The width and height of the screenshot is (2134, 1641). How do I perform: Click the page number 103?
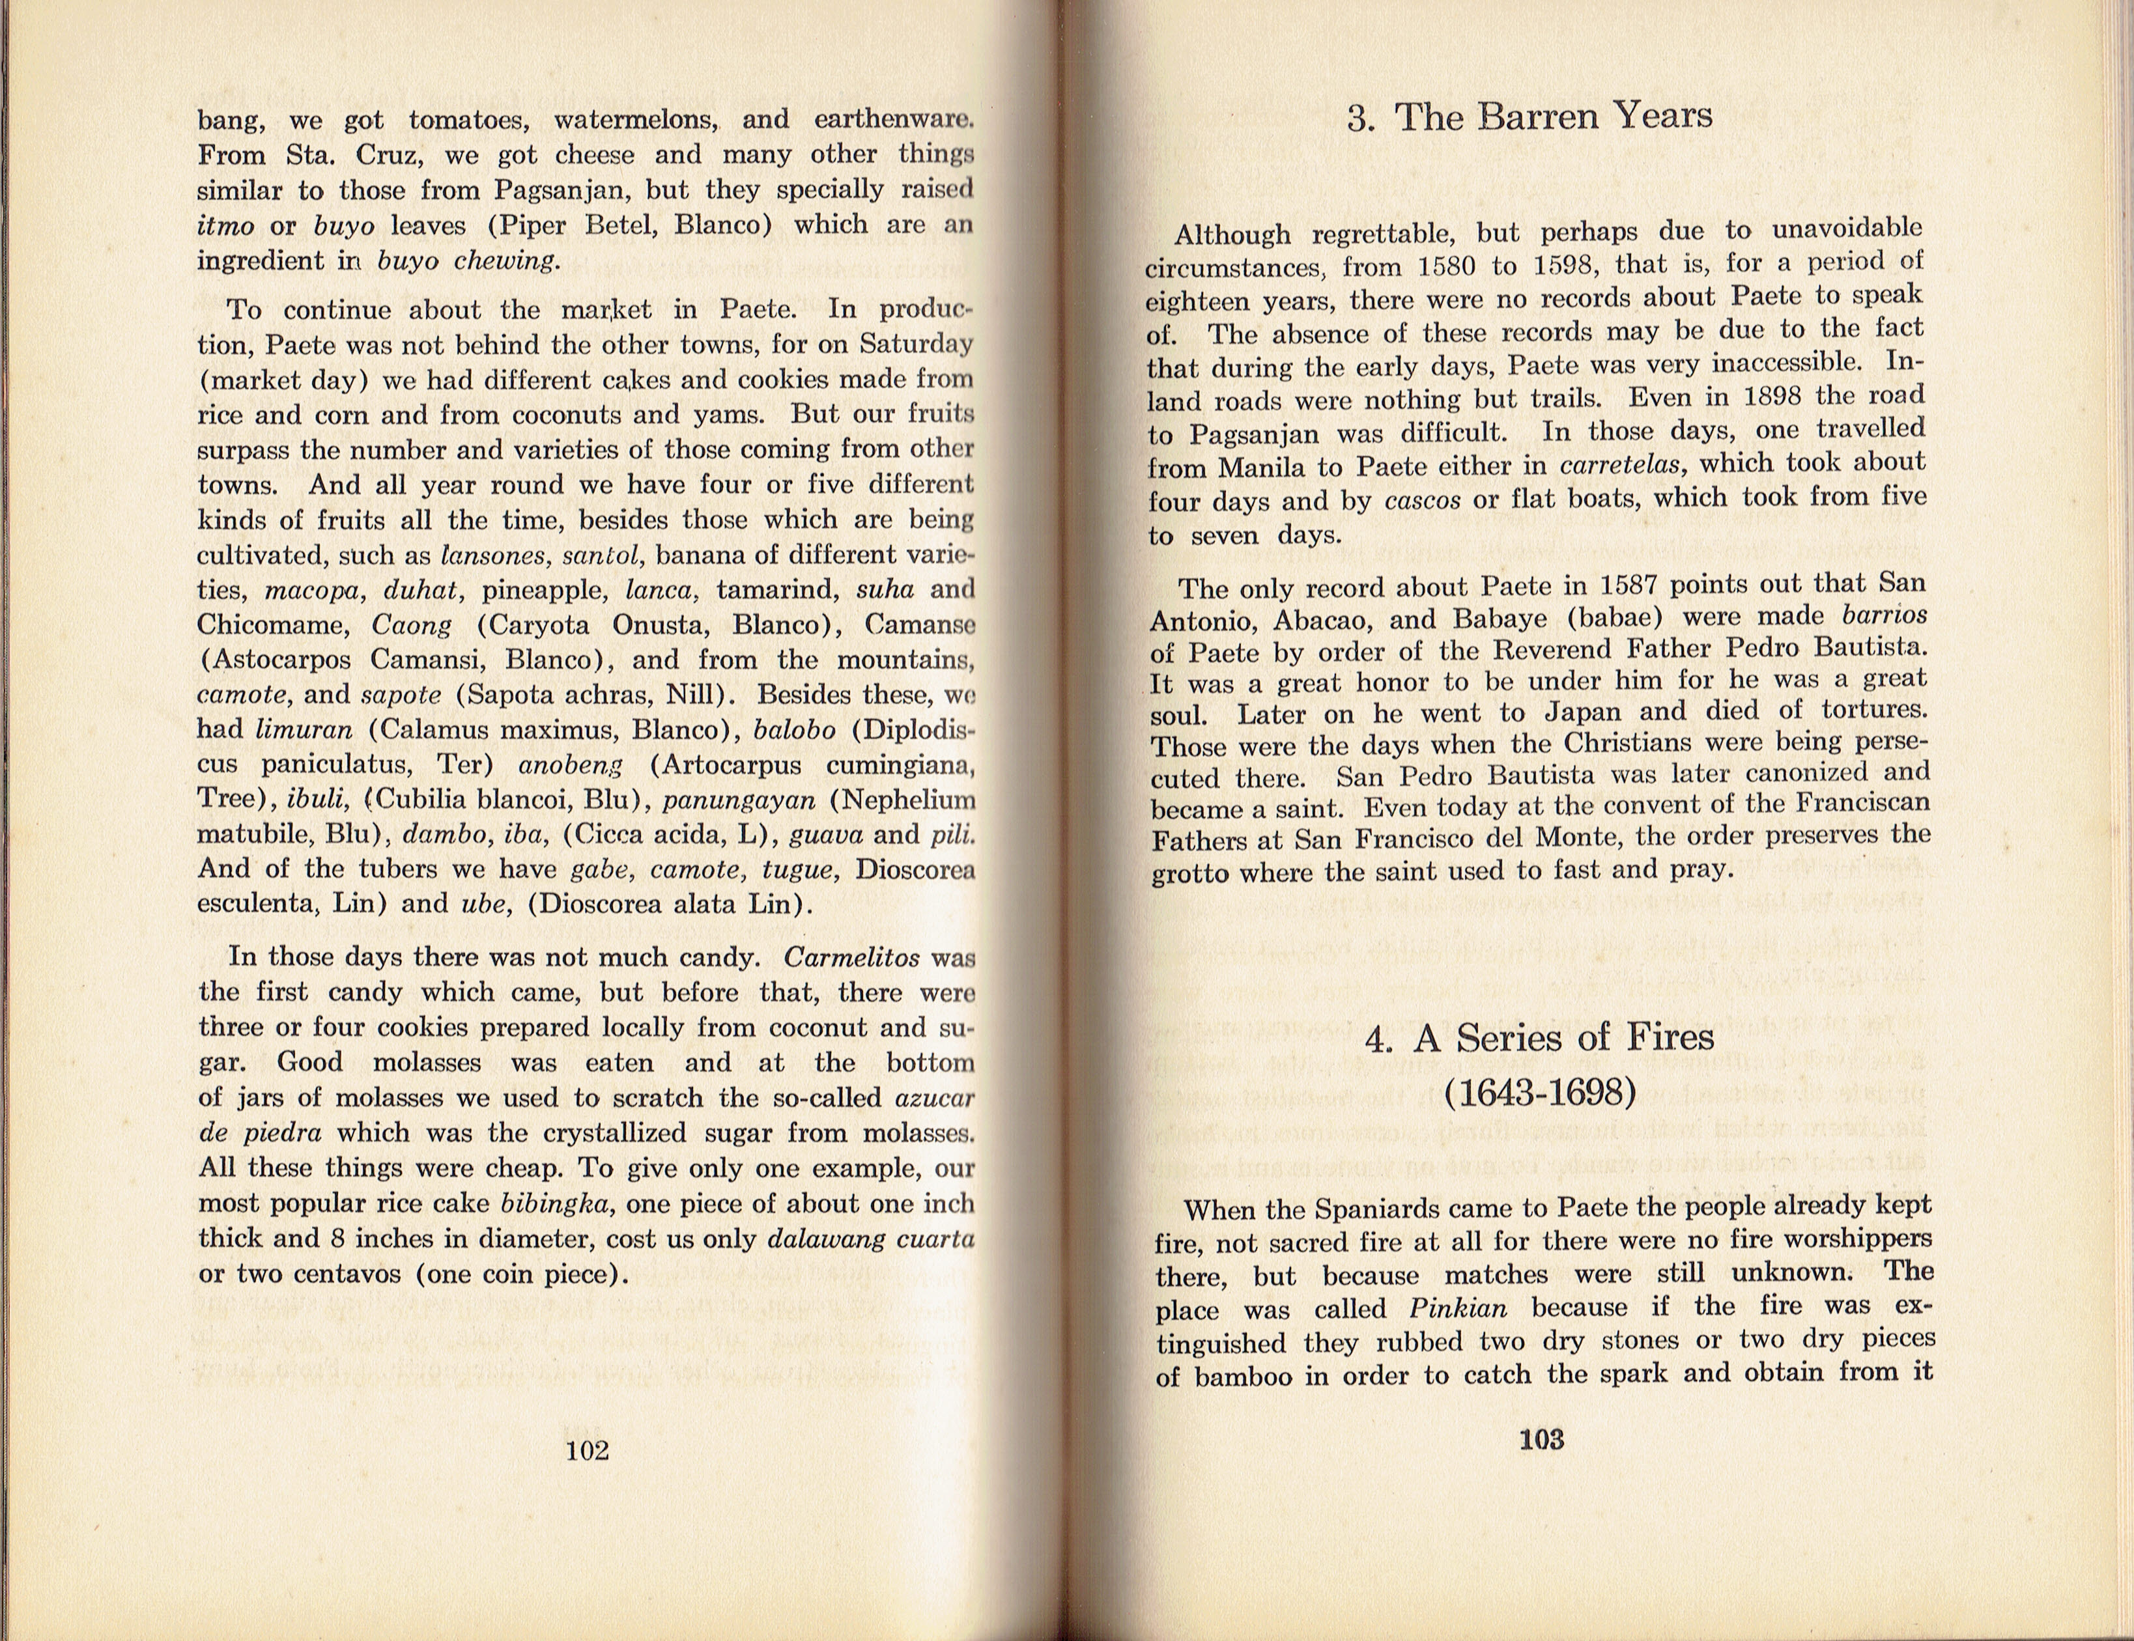pyautogui.click(x=1541, y=1439)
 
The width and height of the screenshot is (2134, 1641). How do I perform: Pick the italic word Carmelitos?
pyautogui.click(x=851, y=957)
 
